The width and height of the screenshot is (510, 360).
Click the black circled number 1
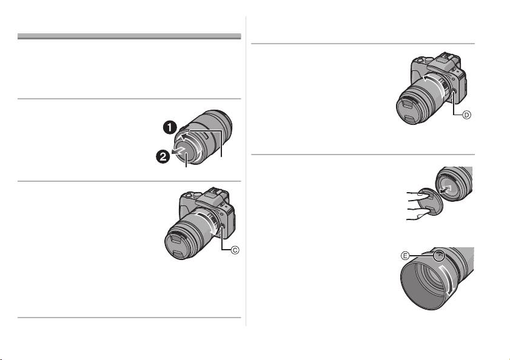click(x=170, y=127)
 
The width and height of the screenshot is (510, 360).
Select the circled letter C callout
click(x=235, y=250)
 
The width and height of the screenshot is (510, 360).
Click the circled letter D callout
click(x=466, y=115)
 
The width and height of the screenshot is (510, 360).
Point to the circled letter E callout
click(x=405, y=256)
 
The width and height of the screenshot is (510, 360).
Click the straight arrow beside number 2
click(x=179, y=151)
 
